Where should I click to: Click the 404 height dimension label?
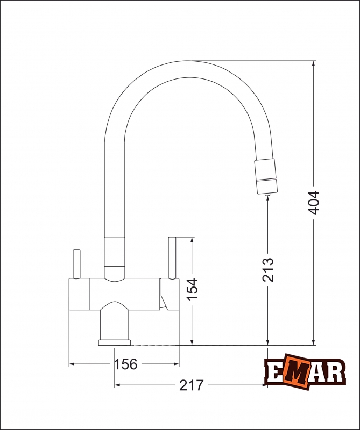[x=313, y=203]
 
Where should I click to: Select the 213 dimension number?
[x=268, y=270]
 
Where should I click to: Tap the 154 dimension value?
[x=192, y=290]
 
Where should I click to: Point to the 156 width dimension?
[x=125, y=364]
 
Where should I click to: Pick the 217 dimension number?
[x=192, y=385]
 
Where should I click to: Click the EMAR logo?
[x=305, y=371]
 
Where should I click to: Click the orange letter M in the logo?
[x=296, y=371]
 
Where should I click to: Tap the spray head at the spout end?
[x=265, y=176]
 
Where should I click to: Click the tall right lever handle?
[x=172, y=258]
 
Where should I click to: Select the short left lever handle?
[x=76, y=264]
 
